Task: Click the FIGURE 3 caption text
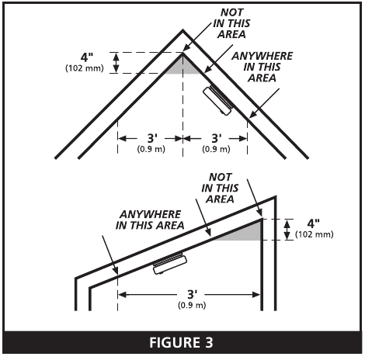point(181,342)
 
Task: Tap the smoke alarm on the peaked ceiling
point(218,101)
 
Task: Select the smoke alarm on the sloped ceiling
point(169,264)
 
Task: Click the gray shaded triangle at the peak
point(183,67)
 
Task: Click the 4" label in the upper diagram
point(87,57)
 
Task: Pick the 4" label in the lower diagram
point(314,223)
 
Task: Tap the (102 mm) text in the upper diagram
point(85,68)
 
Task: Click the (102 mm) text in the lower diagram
point(315,234)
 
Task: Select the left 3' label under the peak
point(152,138)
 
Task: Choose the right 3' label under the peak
point(217,138)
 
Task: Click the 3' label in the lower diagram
point(193,294)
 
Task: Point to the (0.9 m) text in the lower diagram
point(192,305)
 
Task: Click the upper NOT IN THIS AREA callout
point(231,23)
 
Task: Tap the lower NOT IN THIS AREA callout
point(220,189)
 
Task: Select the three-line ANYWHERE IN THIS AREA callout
point(262,67)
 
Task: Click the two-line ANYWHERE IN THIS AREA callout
point(150,220)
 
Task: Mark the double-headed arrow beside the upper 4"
point(116,63)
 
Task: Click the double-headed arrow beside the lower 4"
point(287,230)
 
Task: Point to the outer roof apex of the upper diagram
point(183,31)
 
